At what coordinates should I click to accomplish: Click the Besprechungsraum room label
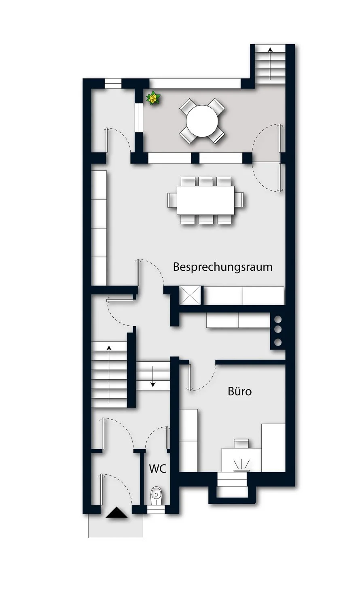tap(222, 267)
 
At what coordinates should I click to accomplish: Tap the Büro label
tap(239, 391)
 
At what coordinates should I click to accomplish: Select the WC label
tap(158, 469)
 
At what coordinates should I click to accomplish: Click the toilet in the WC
tap(156, 495)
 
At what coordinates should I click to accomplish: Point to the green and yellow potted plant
tap(153, 98)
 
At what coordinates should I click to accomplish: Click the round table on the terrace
tap(202, 121)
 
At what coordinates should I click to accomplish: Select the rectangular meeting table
tap(205, 200)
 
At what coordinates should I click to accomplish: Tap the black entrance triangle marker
tap(116, 512)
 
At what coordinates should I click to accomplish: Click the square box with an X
tap(190, 295)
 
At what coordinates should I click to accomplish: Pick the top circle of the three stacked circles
tap(277, 318)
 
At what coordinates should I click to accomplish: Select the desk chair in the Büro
tap(242, 444)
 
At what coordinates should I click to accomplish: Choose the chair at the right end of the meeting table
tap(239, 200)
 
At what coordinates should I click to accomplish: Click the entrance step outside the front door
tap(116, 526)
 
